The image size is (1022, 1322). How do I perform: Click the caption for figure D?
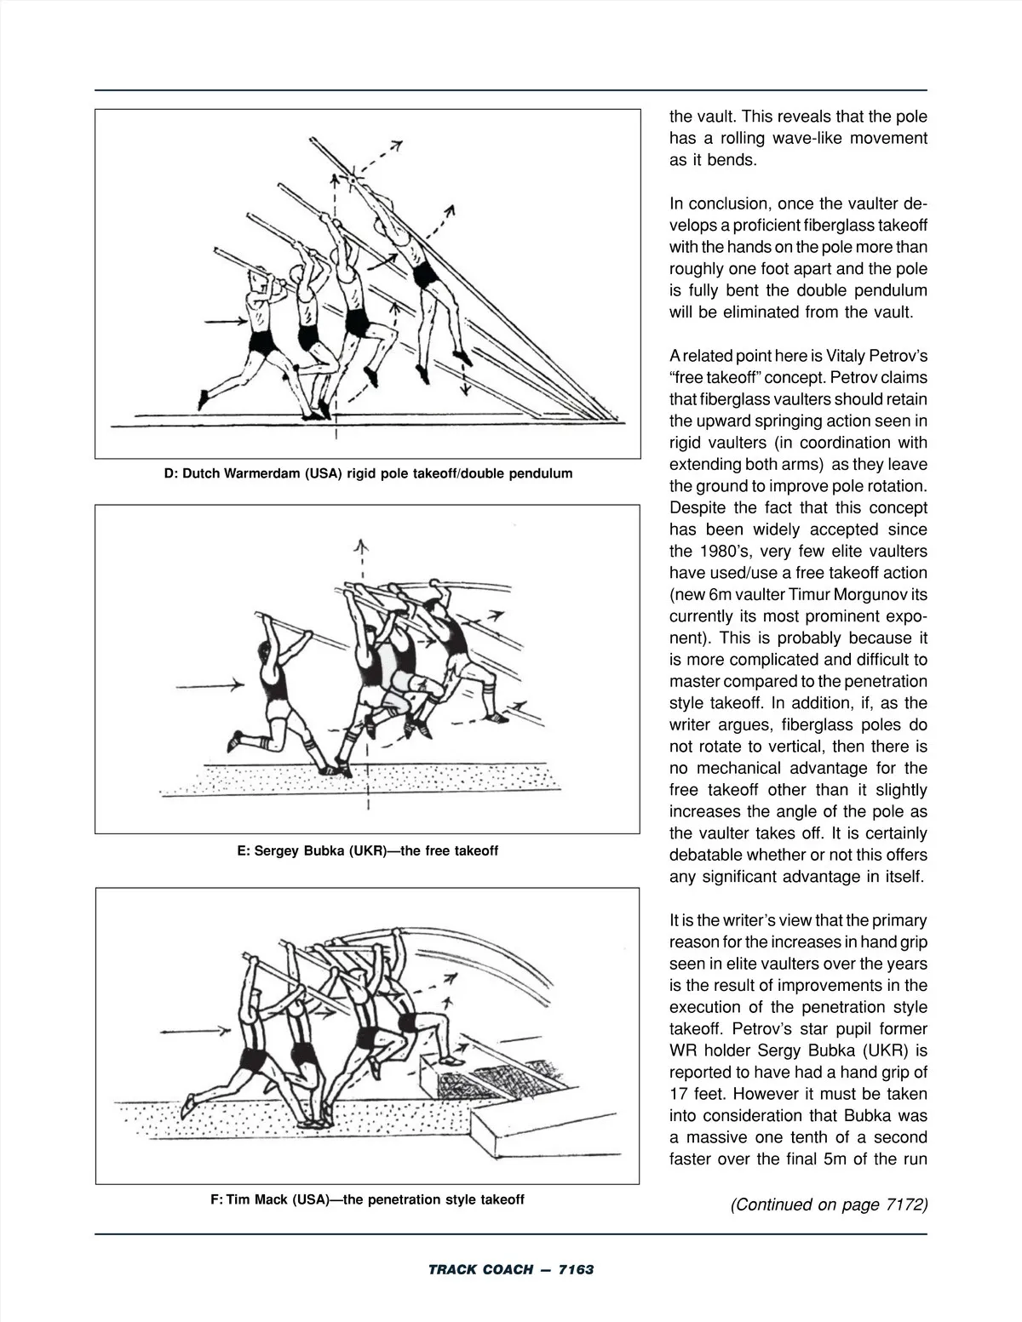coord(367,473)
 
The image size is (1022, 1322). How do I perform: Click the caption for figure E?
coord(367,850)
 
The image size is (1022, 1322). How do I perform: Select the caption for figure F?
coord(367,1199)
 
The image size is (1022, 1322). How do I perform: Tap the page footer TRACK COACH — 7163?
coord(510,1269)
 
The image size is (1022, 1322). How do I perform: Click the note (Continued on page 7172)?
coord(829,1205)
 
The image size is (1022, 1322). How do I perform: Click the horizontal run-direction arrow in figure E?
coord(210,684)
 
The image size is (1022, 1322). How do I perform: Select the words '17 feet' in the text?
coord(700,1094)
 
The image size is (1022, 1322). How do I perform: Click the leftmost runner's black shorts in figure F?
coord(253,1058)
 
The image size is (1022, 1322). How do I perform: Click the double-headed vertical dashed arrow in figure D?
coord(465,375)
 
